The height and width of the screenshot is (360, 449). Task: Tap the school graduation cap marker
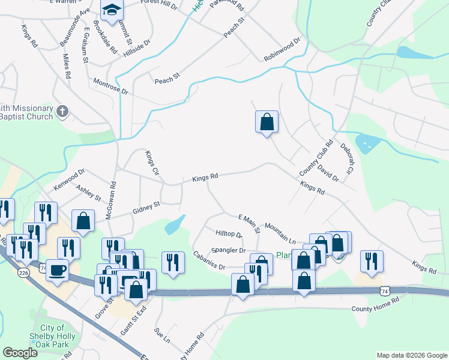(x=112, y=10)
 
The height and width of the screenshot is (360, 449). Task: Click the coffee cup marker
(x=57, y=271)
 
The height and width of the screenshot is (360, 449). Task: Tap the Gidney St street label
(x=146, y=208)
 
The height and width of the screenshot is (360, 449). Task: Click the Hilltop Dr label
(x=228, y=233)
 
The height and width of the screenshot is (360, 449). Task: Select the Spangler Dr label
(x=228, y=250)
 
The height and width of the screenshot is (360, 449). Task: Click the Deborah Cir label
(x=348, y=155)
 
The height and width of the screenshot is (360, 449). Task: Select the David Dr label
(x=328, y=173)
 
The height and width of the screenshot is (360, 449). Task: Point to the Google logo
(x=20, y=352)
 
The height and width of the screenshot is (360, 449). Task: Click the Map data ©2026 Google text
(x=412, y=355)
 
